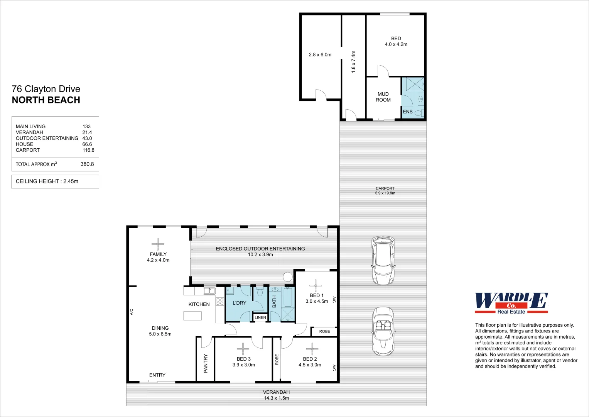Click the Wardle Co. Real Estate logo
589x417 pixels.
(x=511, y=303)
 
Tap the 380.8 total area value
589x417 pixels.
(x=87, y=164)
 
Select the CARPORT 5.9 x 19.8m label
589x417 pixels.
(x=385, y=191)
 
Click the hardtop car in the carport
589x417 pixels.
(x=383, y=261)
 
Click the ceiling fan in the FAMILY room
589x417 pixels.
(x=157, y=244)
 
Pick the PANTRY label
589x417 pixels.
(x=206, y=363)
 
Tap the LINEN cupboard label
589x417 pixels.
(x=260, y=317)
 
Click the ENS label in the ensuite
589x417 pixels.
(x=408, y=112)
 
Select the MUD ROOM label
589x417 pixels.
(x=383, y=97)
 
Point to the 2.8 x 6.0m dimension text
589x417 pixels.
(x=320, y=55)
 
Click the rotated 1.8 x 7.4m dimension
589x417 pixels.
(x=353, y=62)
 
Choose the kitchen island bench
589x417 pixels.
(x=192, y=316)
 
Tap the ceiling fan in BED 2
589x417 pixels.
(x=312, y=349)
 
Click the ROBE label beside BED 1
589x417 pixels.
(x=324, y=331)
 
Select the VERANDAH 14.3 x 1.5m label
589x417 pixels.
(x=276, y=395)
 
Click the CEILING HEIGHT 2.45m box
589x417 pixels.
(x=55, y=181)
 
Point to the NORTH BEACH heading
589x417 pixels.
(x=46, y=100)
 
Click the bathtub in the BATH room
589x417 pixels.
(x=288, y=297)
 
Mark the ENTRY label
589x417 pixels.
(x=157, y=375)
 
